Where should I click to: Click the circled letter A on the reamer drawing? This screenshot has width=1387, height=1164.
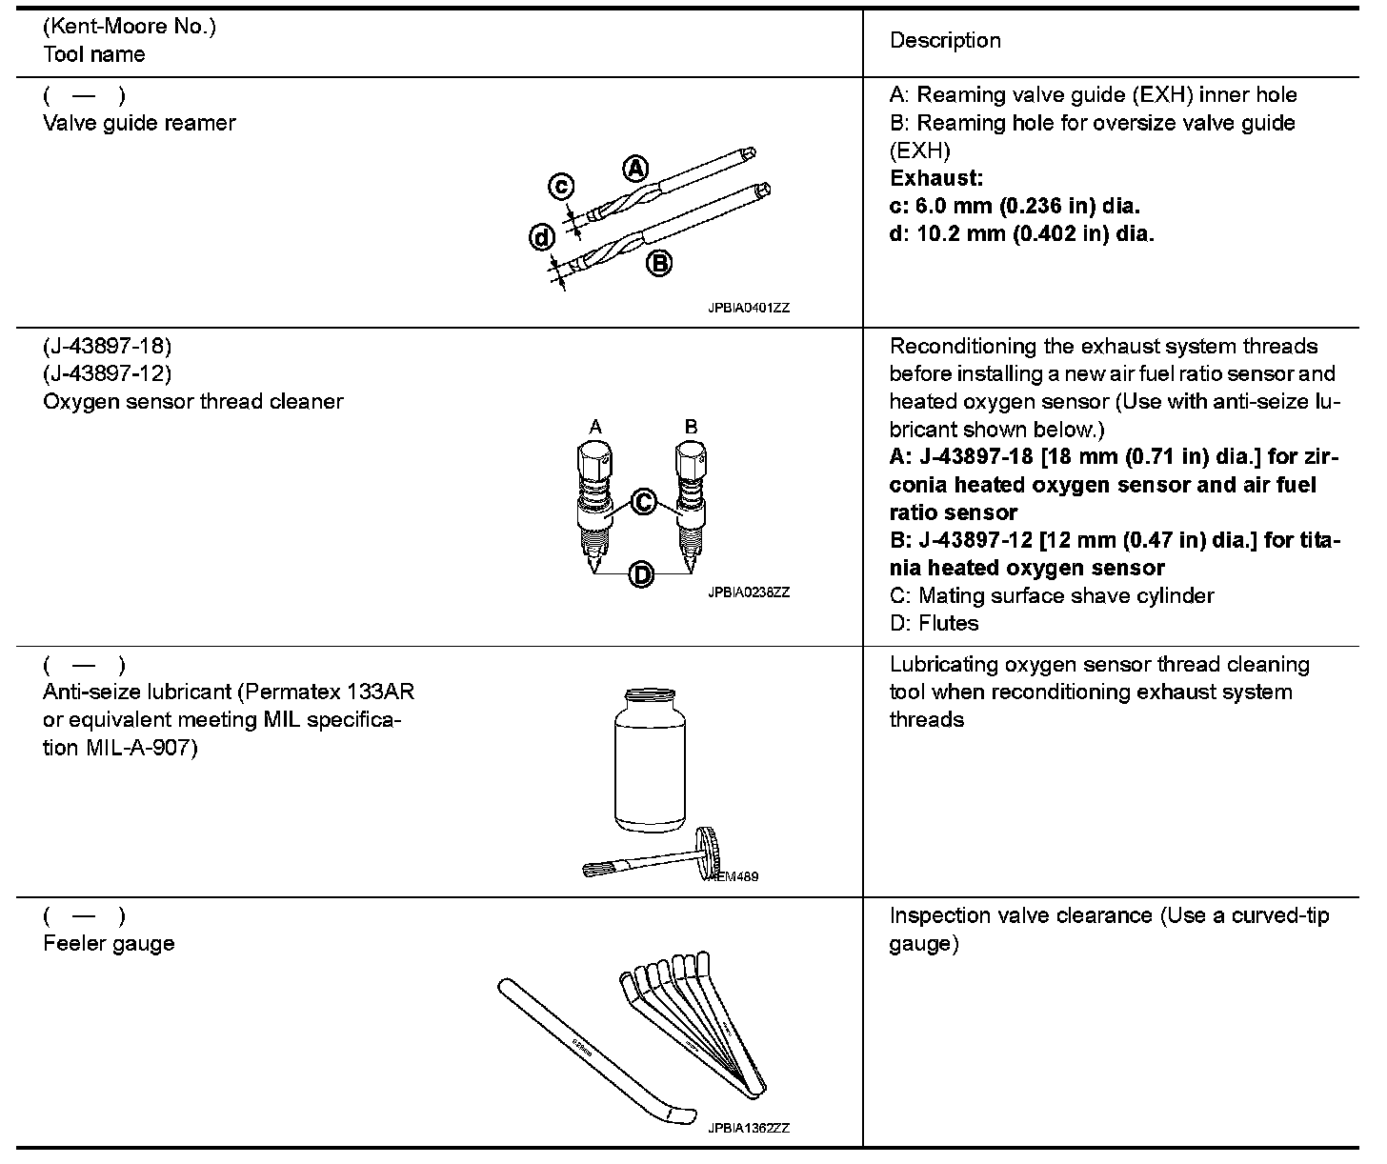[x=634, y=169]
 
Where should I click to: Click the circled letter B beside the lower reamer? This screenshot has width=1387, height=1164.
[x=659, y=263]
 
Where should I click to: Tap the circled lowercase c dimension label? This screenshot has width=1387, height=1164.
[x=561, y=187]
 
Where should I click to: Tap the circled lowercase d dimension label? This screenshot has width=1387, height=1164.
[x=542, y=237]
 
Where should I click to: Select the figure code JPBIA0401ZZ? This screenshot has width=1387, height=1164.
[x=749, y=309]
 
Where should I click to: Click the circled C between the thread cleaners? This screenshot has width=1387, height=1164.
[x=645, y=501]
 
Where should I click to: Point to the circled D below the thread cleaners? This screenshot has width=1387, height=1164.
[x=642, y=574]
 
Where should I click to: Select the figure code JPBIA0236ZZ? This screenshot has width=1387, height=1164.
[x=749, y=592]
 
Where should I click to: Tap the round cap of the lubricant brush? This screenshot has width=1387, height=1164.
[x=707, y=849]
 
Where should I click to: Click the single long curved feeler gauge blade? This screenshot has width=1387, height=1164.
[x=591, y=1052]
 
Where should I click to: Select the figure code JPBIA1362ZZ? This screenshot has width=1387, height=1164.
[x=749, y=1129]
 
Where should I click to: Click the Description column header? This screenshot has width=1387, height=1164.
[x=945, y=40]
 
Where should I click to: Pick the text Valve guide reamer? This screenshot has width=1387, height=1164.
[x=139, y=123]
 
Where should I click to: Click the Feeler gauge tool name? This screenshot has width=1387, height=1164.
[x=109, y=943]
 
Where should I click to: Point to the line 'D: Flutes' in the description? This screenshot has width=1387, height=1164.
[x=934, y=623]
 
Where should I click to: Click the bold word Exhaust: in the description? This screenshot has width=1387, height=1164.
[x=935, y=178]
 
